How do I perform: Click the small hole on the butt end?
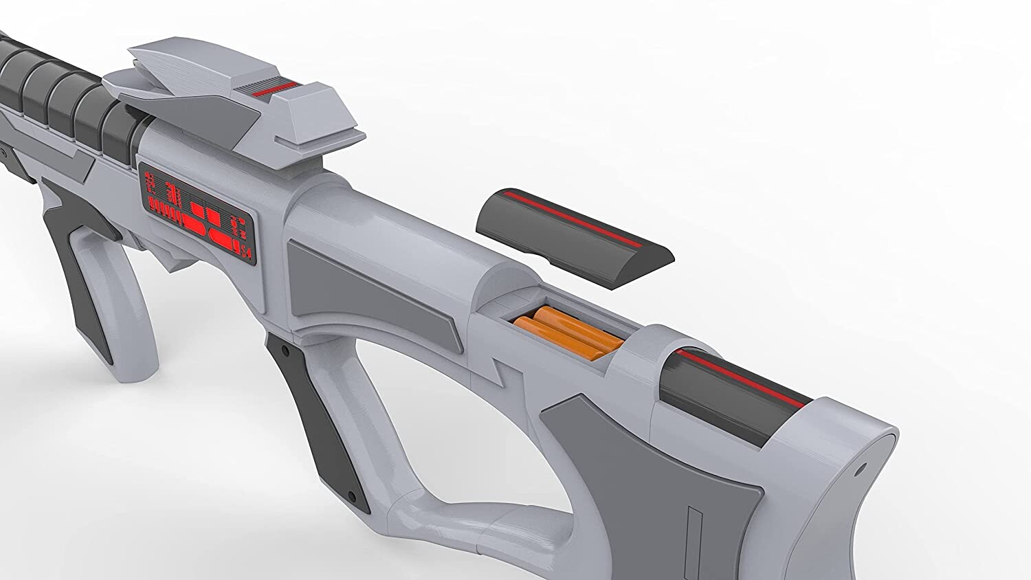[860, 471]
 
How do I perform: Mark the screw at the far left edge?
[3, 149]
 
